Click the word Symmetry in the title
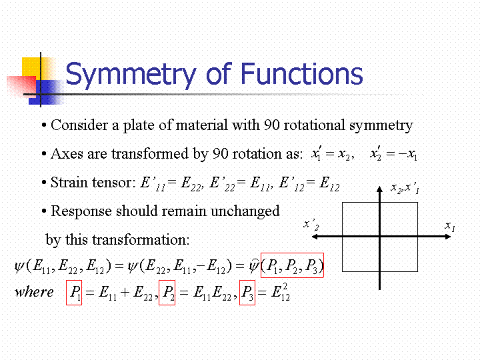131,75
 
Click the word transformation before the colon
139,239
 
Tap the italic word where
34,292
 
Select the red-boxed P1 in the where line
74,293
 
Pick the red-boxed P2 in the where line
167,293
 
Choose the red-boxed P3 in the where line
247,293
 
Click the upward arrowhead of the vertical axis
379,189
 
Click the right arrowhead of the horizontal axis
447,237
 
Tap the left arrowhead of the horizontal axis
315,237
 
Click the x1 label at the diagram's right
450,227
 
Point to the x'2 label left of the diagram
311,225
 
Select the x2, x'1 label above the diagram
405,187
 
